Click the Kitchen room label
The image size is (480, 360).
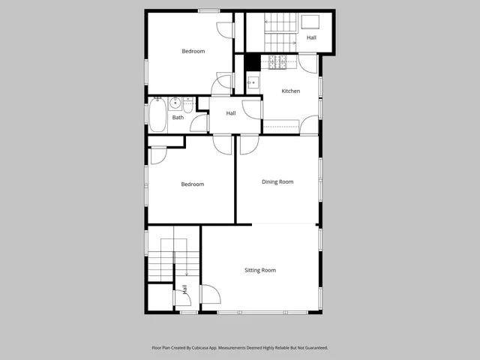coord(291,91)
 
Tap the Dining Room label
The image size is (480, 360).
coord(277,181)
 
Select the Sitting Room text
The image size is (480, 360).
coord(260,270)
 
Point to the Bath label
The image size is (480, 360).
coord(178,118)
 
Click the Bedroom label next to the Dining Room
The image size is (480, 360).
coord(193,184)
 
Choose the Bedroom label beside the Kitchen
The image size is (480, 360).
coord(193,51)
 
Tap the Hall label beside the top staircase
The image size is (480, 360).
coord(311,37)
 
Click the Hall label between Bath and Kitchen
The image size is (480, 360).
coord(231,113)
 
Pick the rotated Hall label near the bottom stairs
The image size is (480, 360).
coord(184,289)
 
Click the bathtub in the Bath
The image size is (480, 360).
coord(157,116)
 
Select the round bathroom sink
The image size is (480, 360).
coord(174,103)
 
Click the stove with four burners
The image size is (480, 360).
coord(278,63)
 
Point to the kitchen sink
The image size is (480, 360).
coord(253,82)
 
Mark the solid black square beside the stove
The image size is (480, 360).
coord(253,63)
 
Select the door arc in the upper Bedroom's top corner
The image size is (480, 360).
coord(225,28)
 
